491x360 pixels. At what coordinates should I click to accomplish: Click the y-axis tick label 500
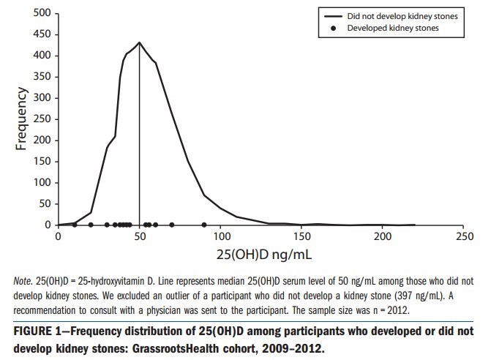point(42,13)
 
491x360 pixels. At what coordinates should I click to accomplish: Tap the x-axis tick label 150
point(301,236)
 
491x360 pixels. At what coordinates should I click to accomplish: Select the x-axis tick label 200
point(383,236)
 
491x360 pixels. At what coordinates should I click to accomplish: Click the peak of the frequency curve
point(139,42)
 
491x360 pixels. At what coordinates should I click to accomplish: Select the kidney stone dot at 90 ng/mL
point(204,225)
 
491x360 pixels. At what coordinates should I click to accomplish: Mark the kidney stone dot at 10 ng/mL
point(75,225)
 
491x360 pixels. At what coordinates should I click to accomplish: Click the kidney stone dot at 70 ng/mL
point(172,225)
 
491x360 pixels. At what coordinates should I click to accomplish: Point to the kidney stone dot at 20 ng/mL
point(91,225)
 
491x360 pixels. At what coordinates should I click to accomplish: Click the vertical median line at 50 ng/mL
point(139,146)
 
